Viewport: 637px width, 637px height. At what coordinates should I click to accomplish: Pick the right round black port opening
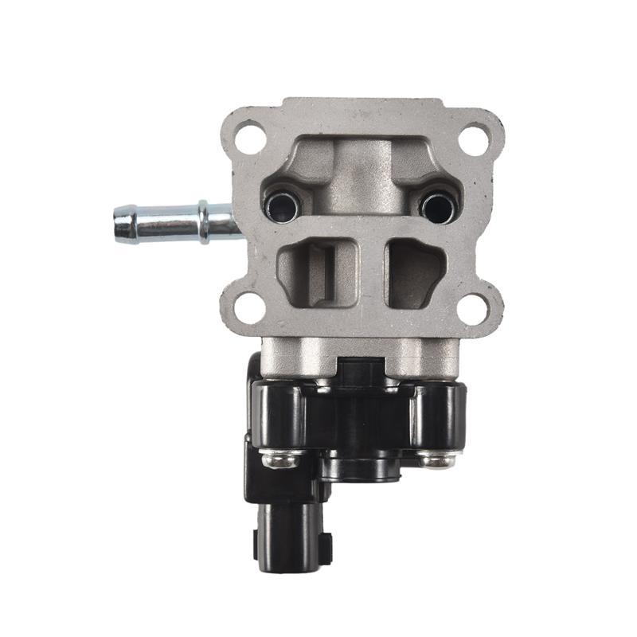439,207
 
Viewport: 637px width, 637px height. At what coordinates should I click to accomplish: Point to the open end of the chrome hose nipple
119,223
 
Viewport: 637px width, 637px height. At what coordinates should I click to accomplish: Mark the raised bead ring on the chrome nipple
205,221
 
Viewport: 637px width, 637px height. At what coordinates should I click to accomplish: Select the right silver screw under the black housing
437,459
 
